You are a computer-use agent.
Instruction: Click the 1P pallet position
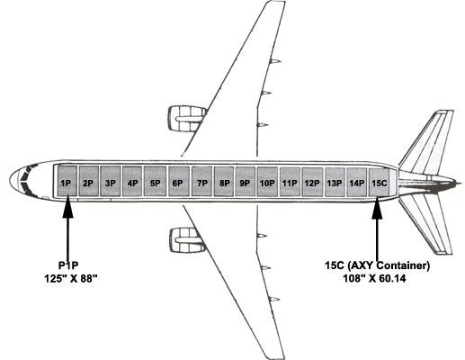click(x=67, y=181)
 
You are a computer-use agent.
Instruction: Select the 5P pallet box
click(x=155, y=182)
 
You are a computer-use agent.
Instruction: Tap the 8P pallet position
click(x=224, y=182)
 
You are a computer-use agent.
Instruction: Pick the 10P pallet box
click(x=267, y=182)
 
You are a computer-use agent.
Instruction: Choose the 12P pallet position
click(x=312, y=183)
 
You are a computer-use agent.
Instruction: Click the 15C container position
click(x=379, y=183)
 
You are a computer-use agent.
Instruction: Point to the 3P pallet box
click(x=111, y=181)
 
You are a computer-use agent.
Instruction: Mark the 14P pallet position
click(x=357, y=183)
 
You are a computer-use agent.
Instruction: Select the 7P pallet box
click(x=201, y=182)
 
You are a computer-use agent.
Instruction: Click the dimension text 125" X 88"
click(x=71, y=279)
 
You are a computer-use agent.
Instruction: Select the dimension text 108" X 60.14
click(x=374, y=278)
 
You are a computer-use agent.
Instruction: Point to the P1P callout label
click(x=68, y=265)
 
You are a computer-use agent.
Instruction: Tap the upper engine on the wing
click(x=186, y=119)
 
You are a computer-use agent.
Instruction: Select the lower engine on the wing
click(x=187, y=240)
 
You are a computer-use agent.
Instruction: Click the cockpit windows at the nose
click(x=26, y=181)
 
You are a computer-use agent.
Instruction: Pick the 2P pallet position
click(x=89, y=181)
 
